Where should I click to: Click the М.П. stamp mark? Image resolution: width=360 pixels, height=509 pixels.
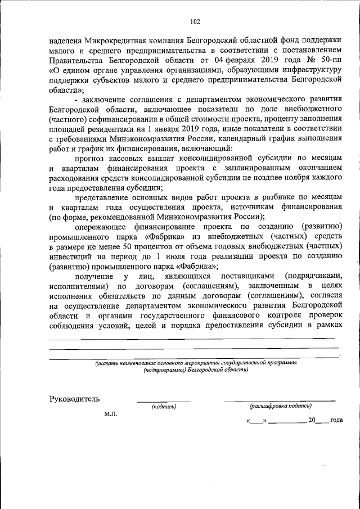click(x=110, y=415)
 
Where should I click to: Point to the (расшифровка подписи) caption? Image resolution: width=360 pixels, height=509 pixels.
click(x=280, y=406)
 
